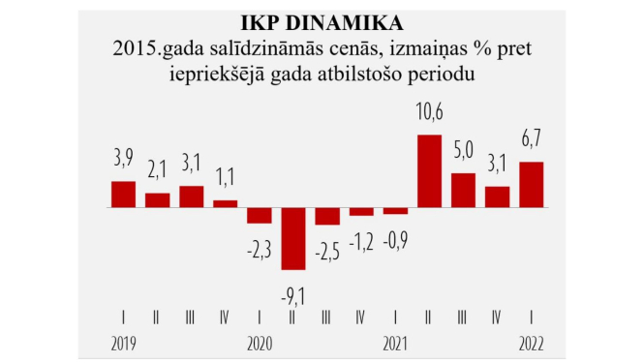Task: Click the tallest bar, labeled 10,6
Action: pos(429,171)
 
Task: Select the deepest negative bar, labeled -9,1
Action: pos(293,239)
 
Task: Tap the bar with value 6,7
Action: pos(532,185)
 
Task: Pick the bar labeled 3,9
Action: pos(123,195)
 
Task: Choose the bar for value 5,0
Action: pos(463,191)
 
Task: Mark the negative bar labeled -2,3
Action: pos(259,216)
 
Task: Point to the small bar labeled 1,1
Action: pos(225,203)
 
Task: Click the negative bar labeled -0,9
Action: pos(395,211)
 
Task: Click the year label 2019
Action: pos(123,343)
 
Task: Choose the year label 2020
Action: pos(260,343)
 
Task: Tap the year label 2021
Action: pos(395,343)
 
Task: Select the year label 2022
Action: pos(532,343)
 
